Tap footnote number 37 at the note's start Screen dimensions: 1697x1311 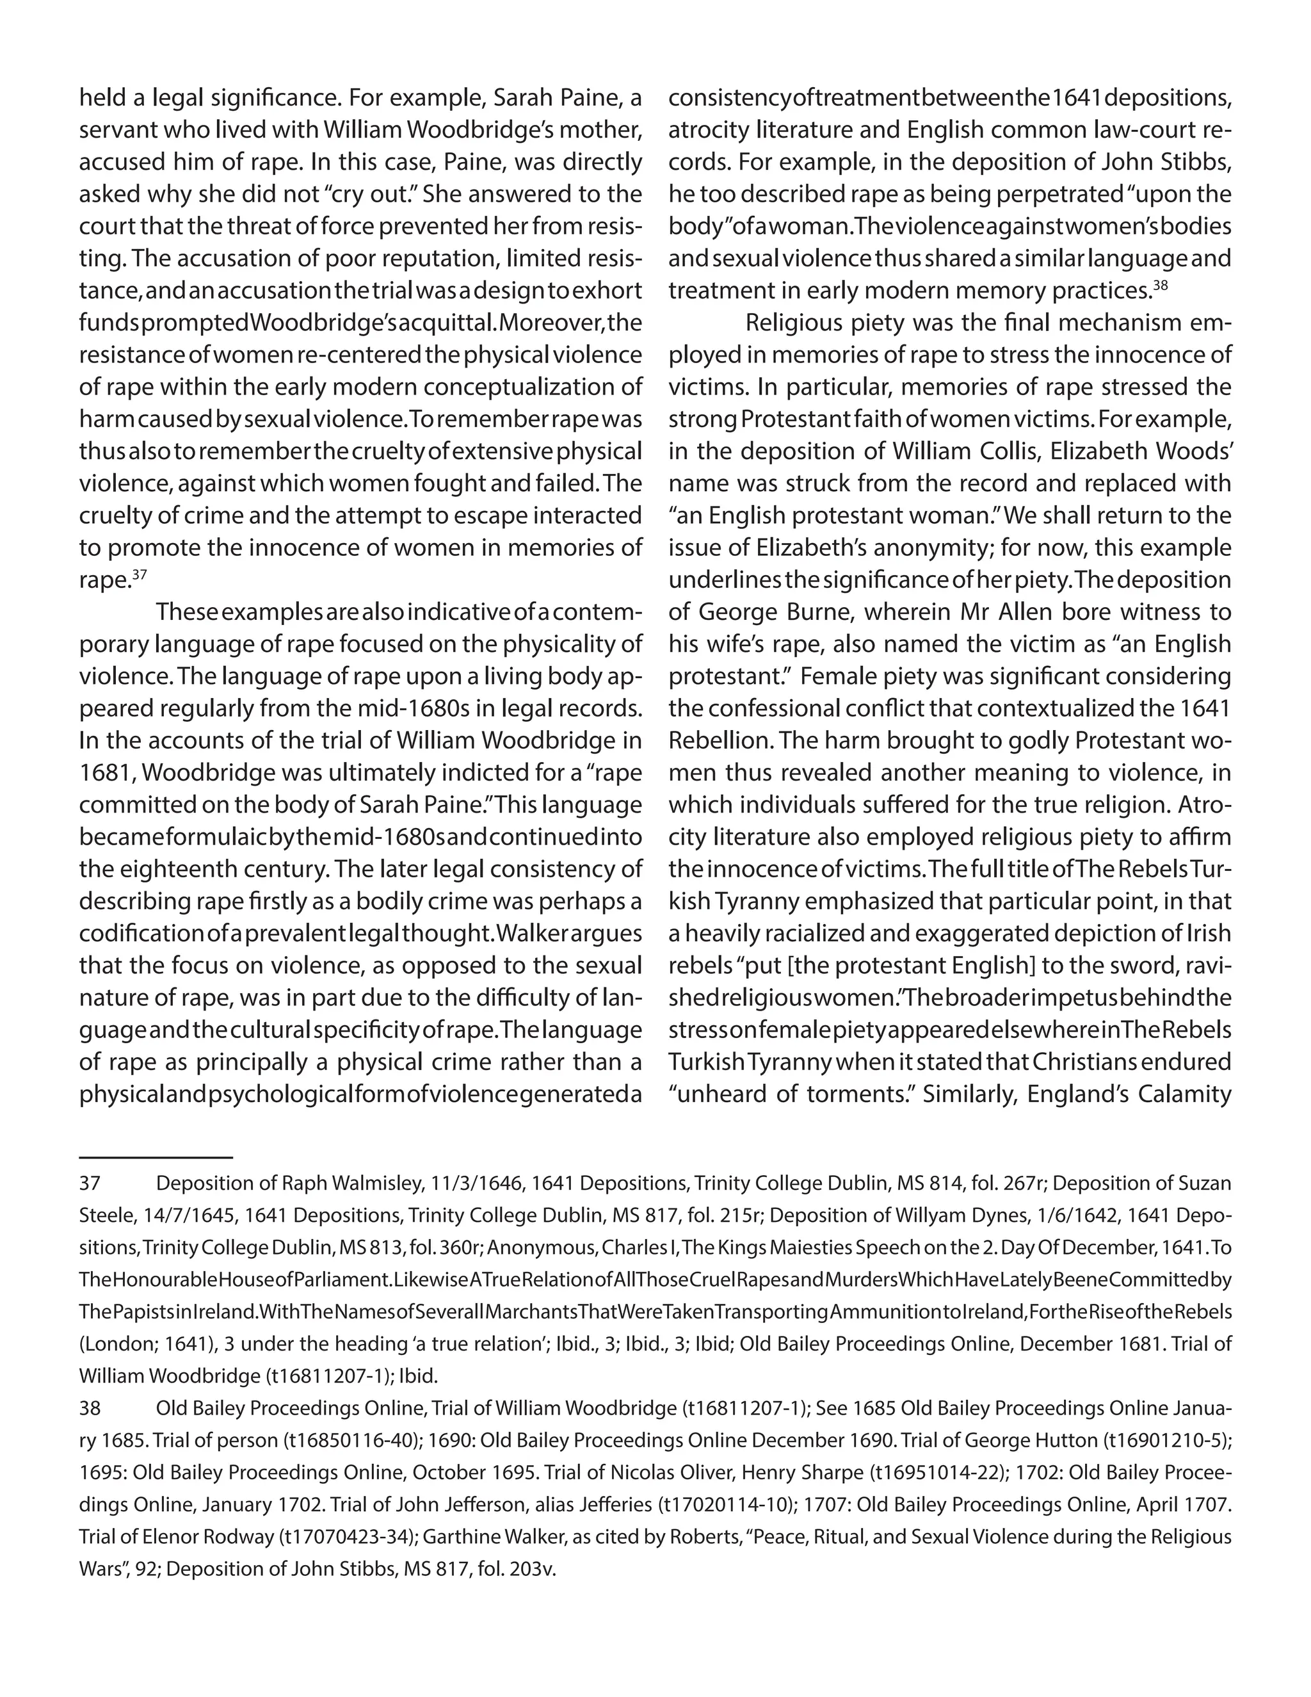90,1183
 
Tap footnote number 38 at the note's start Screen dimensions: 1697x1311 90,1408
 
